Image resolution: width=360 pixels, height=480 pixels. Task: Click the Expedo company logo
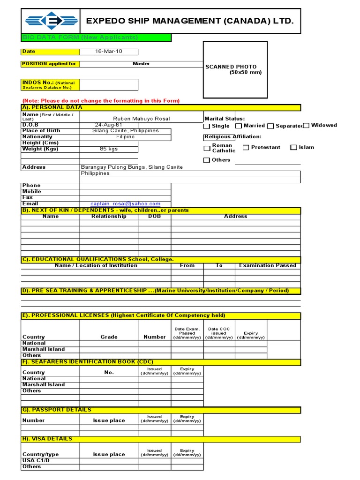[51, 21]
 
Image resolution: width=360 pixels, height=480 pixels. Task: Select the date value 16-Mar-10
[108, 52]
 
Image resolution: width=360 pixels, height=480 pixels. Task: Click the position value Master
[141, 64]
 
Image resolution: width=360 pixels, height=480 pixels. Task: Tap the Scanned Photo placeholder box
[235, 70]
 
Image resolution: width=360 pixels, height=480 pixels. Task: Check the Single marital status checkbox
[207, 126]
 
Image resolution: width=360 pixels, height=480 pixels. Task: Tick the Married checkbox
[239, 126]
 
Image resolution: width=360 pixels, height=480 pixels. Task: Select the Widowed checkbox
[306, 125]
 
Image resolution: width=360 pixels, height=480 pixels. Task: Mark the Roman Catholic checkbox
[207, 148]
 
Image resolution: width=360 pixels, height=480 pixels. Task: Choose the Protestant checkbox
[246, 148]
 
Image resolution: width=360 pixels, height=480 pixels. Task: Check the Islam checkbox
[293, 148]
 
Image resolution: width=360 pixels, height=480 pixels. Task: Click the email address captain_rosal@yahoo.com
[125, 204]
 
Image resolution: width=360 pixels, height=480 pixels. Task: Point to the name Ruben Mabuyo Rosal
[142, 119]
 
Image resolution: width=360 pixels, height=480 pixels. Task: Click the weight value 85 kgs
[109, 149]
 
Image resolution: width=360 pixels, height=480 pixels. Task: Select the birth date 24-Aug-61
[109, 125]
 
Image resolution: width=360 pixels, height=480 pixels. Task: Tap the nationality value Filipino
[125, 137]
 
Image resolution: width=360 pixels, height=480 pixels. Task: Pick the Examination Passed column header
[268, 265]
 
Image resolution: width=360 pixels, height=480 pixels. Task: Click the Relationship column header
[109, 217]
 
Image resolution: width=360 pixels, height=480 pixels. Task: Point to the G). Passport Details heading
[57, 410]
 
